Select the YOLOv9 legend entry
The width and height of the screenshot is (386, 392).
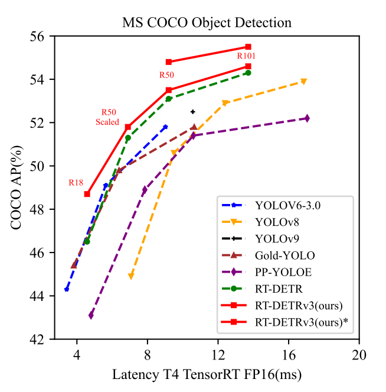pos(277,239)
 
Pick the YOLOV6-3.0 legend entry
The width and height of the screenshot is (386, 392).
pos(285,206)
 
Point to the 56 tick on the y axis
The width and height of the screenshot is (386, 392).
pos(42,36)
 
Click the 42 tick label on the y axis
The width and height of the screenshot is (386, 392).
pos(42,339)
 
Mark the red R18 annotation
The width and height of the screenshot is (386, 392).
pos(76,183)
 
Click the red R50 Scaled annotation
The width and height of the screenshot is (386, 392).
pos(107,117)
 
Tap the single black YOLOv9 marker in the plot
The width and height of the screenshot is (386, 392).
pos(192,112)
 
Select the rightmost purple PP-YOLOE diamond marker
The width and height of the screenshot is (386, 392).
pos(307,118)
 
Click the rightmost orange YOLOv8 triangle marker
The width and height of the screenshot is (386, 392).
pos(303,82)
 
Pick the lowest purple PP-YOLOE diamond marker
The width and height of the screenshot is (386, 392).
pos(91,316)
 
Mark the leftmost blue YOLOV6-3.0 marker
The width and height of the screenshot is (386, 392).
pos(67,289)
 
